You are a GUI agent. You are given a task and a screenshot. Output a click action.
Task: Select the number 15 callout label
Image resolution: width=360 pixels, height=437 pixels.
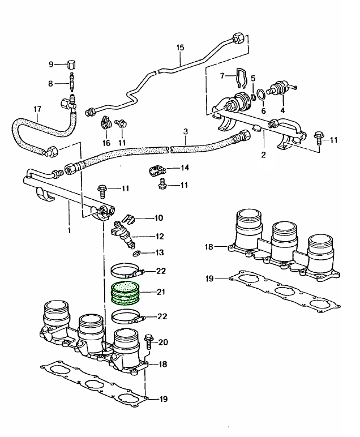pyautogui.click(x=181, y=48)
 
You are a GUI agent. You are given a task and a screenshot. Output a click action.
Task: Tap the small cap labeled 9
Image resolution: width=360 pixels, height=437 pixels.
pyautogui.click(x=72, y=63)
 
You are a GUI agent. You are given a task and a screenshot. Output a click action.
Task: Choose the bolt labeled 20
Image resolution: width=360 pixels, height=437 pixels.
pyautogui.click(x=149, y=341)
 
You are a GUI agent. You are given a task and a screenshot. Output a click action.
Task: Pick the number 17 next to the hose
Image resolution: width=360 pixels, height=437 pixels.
pyautogui.click(x=37, y=109)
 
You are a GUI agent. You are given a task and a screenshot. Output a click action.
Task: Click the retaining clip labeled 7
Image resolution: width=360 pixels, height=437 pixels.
pyautogui.click(x=241, y=76)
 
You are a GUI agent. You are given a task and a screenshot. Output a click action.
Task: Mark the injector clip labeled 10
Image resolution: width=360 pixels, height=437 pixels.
pyautogui.click(x=129, y=218)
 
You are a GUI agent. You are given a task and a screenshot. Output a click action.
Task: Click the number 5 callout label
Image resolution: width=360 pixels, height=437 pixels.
pyautogui.click(x=253, y=78)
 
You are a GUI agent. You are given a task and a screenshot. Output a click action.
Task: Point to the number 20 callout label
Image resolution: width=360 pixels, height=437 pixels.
pyautogui.click(x=164, y=342)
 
